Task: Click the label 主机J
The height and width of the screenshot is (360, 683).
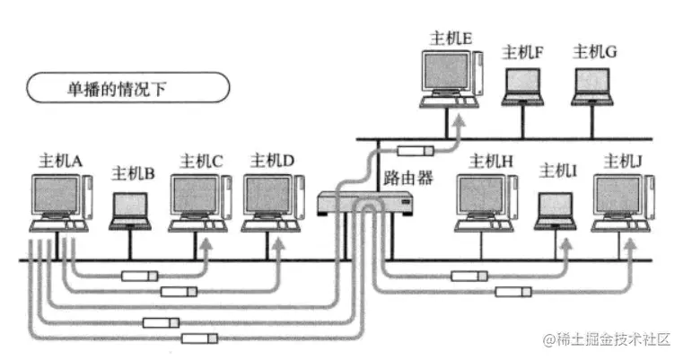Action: pyautogui.click(x=623, y=162)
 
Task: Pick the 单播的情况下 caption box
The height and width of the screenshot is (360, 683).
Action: pyautogui.click(x=127, y=89)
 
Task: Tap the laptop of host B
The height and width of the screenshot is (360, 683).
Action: pyautogui.click(x=130, y=208)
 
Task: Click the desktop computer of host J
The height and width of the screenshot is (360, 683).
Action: pyautogui.click(x=622, y=199)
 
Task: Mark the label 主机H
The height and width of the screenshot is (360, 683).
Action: pyautogui.click(x=490, y=162)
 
